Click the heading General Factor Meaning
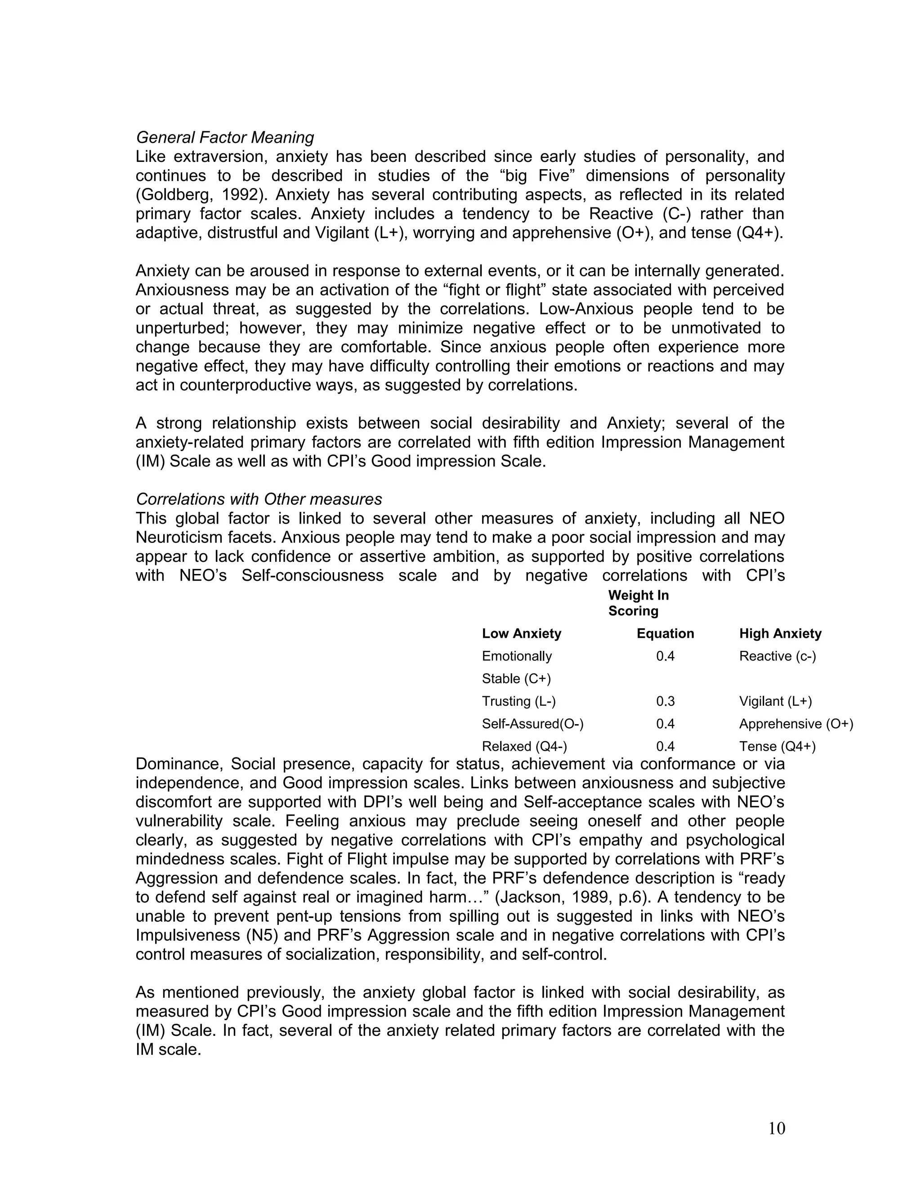[x=225, y=137]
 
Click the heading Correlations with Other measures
[x=259, y=499]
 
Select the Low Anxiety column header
[x=521, y=633]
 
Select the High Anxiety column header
[x=780, y=633]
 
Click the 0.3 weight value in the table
[x=665, y=701]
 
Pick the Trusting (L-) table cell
[x=519, y=701]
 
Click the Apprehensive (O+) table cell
[x=796, y=724]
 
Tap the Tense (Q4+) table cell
[x=777, y=746]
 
